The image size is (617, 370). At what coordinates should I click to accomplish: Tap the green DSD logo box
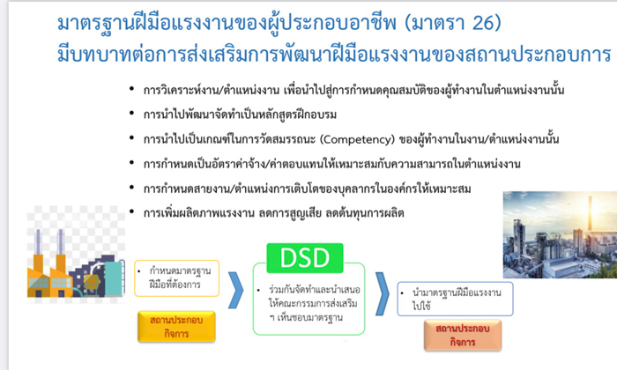click(x=305, y=258)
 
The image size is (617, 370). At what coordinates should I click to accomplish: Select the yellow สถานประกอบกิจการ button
click(x=176, y=326)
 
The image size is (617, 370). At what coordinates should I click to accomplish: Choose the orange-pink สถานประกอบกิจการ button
click(x=463, y=335)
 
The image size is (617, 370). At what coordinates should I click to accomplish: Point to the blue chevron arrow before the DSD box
click(x=235, y=290)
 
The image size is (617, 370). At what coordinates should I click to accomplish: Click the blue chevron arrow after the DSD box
click(x=382, y=293)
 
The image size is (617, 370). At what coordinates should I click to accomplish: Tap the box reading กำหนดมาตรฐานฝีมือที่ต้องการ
click(x=176, y=278)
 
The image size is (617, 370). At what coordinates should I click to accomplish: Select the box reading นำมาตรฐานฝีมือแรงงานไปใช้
click(x=456, y=299)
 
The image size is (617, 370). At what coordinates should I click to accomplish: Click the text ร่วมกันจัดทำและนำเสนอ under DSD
click(x=315, y=290)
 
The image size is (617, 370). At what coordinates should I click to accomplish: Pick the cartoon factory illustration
click(x=76, y=261)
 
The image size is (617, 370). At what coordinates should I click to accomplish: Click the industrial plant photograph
click(x=560, y=234)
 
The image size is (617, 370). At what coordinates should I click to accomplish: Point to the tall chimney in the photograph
click(x=590, y=214)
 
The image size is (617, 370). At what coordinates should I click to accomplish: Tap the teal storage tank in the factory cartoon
click(x=114, y=278)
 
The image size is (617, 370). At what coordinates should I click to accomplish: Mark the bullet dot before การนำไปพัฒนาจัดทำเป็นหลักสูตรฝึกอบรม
click(x=132, y=114)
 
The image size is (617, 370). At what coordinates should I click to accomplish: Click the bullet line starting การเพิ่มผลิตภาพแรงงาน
click(x=273, y=213)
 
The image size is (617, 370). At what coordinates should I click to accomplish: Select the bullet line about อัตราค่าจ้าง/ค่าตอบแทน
click(x=331, y=164)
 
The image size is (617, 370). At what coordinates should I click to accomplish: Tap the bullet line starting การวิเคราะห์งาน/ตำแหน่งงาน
click(x=353, y=90)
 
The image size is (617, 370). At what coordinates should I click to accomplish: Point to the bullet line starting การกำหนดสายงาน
click(x=307, y=189)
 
